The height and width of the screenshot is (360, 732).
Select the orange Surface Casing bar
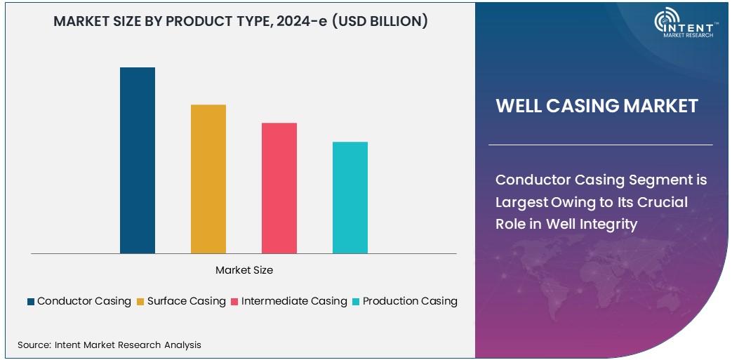tap(208, 179)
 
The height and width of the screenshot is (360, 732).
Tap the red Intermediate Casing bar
tap(279, 188)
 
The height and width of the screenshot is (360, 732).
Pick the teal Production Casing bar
tap(350, 197)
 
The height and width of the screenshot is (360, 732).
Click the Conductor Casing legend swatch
tap(31, 302)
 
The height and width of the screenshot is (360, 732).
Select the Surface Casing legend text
tap(186, 301)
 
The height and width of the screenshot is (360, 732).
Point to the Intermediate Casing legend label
tap(294, 301)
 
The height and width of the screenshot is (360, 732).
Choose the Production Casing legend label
tap(410, 301)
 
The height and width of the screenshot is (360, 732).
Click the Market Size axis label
tap(244, 270)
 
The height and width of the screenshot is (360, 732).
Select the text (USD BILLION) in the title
tap(380, 22)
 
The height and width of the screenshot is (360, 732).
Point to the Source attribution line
tap(109, 345)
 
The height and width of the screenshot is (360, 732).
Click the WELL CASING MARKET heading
tap(597, 106)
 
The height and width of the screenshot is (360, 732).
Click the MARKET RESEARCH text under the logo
tap(688, 34)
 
